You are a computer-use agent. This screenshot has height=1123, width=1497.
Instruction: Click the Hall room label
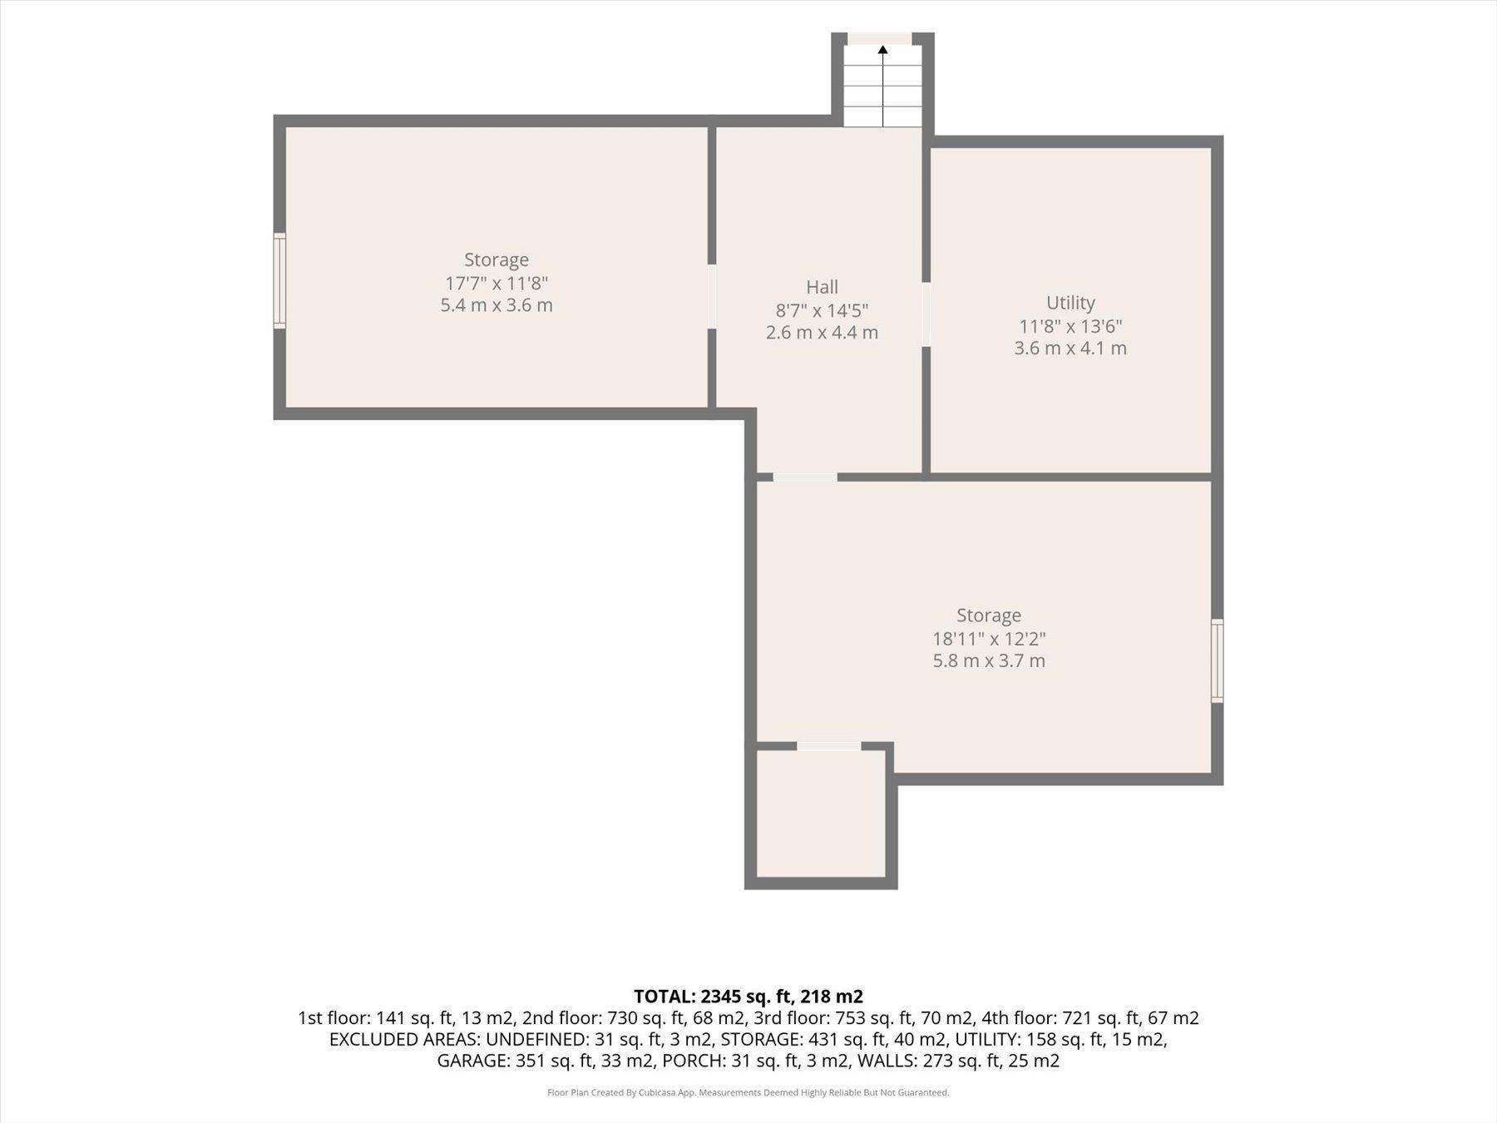[x=822, y=287]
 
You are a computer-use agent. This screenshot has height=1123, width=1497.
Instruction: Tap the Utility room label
[x=1070, y=303]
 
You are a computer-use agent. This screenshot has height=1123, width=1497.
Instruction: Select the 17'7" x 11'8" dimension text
[x=497, y=283]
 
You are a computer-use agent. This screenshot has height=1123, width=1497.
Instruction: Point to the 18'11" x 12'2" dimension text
[x=989, y=639]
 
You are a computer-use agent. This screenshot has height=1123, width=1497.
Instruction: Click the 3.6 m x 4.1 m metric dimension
[x=1070, y=348]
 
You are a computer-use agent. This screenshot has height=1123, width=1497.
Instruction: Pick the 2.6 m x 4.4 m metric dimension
[x=822, y=333]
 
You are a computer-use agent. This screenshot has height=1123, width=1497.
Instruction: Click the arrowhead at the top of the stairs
[x=882, y=50]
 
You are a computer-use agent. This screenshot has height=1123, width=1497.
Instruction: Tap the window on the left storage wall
[x=280, y=281]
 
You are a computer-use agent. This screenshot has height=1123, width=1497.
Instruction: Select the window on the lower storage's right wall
[x=1217, y=660]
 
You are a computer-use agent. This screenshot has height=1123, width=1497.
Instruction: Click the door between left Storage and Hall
[x=712, y=296]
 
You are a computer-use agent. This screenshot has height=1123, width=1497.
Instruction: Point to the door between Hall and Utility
[x=926, y=314]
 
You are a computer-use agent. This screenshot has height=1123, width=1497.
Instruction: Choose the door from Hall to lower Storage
[x=805, y=477]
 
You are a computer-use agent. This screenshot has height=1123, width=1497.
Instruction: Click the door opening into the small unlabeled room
[x=829, y=746]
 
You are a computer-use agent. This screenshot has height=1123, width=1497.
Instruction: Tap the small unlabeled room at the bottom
[x=822, y=814]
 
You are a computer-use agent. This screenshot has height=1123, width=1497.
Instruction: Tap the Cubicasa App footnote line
[x=748, y=1093]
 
